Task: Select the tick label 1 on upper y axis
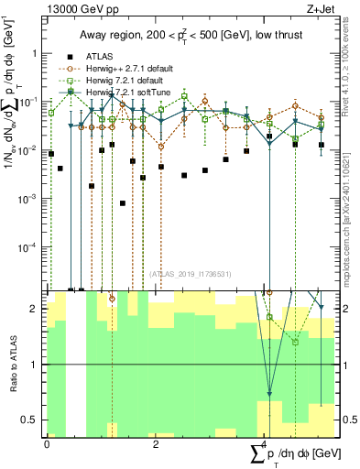click(35, 53)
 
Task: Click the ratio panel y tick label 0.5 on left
click(29, 420)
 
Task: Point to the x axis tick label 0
click(47, 443)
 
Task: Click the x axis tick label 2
click(156, 443)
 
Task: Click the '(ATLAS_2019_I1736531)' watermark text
click(189, 274)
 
